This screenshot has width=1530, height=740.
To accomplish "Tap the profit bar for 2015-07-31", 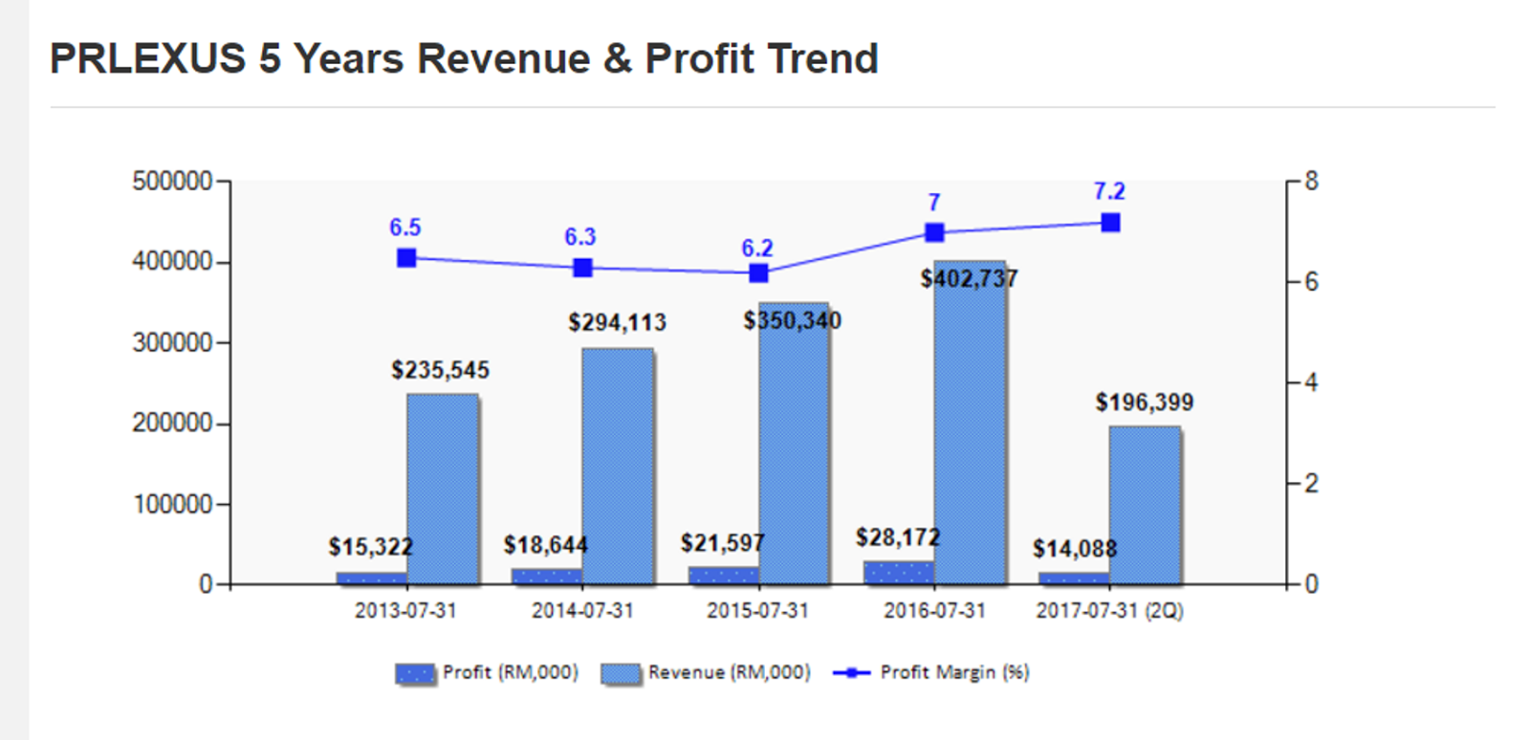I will click(723, 576).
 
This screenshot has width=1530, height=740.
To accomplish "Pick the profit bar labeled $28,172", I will click(898, 573).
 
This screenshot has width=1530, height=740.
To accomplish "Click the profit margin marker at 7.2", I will click(1110, 223).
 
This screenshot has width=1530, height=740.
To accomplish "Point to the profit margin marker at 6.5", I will click(406, 258).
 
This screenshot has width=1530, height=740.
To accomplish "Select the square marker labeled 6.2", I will click(758, 273).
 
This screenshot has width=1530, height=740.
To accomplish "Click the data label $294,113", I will click(617, 323).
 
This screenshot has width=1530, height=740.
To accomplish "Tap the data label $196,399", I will click(1144, 403).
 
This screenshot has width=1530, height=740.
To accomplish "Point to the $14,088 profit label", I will click(1074, 549).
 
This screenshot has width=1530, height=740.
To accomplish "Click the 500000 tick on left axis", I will click(172, 181).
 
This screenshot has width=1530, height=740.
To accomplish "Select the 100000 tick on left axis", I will click(172, 504).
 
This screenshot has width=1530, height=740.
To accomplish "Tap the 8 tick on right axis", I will click(1311, 181).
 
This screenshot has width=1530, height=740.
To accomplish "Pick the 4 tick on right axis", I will click(1311, 382).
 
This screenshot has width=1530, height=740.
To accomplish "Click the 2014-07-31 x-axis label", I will click(582, 611).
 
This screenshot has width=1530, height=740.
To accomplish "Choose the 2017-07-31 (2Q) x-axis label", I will click(1109, 611).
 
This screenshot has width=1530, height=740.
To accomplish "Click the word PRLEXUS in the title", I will click(147, 58).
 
